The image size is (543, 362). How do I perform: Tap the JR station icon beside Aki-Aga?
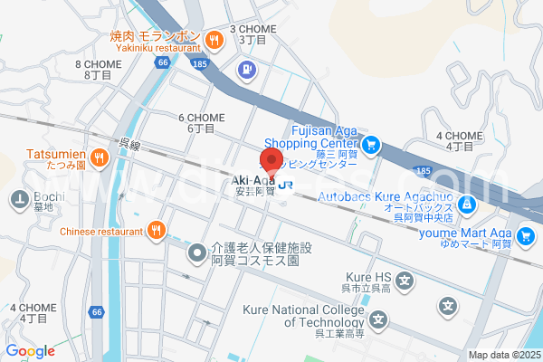(287, 182)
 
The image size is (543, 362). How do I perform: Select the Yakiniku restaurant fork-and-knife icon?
(214, 39)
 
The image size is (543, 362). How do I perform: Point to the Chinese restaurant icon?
(157, 230)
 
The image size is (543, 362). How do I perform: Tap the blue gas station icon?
(244, 69)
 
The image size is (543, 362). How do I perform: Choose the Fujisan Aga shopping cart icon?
(370, 144)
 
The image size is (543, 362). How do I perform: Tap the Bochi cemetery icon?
(17, 197)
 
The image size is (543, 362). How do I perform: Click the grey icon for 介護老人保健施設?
(195, 252)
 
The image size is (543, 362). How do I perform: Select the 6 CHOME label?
(201, 123)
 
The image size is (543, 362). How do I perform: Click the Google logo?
(30, 351)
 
